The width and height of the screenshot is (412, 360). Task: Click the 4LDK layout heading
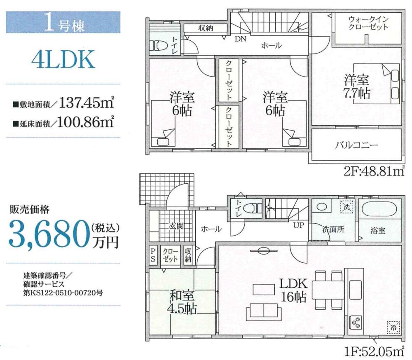tap(63, 60)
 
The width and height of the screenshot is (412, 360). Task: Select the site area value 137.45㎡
tap(87, 103)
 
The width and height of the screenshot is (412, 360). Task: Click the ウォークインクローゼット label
tap(368, 23)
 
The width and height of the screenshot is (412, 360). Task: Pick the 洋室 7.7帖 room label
tap(357, 86)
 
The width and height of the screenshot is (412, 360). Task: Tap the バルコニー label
tap(356, 145)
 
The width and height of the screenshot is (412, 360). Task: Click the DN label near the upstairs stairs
tap(241, 39)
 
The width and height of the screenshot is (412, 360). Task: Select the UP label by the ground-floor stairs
tap(298, 225)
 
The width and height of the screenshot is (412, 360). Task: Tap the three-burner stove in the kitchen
tap(356, 322)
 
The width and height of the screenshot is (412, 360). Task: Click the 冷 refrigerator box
tap(393, 327)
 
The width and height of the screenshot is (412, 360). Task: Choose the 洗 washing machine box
tap(346, 207)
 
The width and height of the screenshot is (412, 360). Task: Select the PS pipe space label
tap(153, 255)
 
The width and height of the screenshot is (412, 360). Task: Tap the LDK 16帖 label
tap(293, 290)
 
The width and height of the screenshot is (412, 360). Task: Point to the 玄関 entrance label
tap(176, 226)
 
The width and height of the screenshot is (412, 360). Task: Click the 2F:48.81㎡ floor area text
tap(374, 172)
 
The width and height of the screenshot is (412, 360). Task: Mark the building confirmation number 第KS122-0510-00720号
tap(63, 292)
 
